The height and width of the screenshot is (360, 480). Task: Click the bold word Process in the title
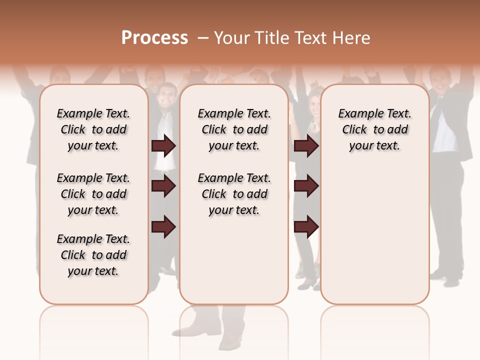pyautogui.click(x=154, y=38)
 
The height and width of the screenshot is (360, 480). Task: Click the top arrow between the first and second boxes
pyautogui.click(x=163, y=145)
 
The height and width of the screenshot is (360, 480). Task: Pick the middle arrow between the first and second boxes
pyautogui.click(x=163, y=186)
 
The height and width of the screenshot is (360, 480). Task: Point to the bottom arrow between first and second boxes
pyautogui.click(x=163, y=227)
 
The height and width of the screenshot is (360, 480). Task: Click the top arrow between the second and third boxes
pyautogui.click(x=306, y=145)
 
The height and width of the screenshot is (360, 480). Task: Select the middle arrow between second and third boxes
pyautogui.click(x=306, y=186)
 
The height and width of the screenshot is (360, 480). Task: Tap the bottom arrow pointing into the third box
pyautogui.click(x=306, y=227)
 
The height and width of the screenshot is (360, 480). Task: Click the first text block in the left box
pyautogui.click(x=93, y=129)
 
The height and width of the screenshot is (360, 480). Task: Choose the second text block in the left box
pyautogui.click(x=93, y=194)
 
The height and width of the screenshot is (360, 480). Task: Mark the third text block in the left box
pyautogui.click(x=93, y=255)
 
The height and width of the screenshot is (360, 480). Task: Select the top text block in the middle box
pyautogui.click(x=234, y=129)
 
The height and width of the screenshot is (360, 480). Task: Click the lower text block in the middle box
pyautogui.click(x=234, y=194)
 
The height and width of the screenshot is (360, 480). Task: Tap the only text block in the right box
pyautogui.click(x=375, y=129)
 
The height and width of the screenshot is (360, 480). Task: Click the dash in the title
pyautogui.click(x=202, y=38)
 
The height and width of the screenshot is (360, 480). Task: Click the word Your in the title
pyautogui.click(x=232, y=38)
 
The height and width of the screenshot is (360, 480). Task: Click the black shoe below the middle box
pyautogui.click(x=230, y=342)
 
